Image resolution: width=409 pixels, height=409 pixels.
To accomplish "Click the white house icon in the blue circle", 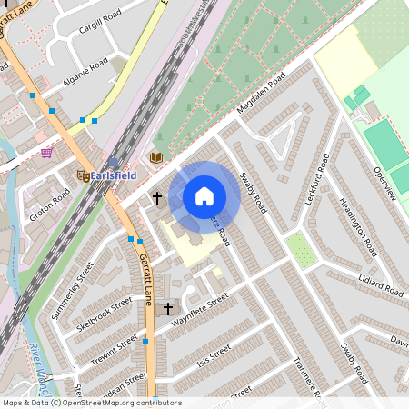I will (x=204, y=195).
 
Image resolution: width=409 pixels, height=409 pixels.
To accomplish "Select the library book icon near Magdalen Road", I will (x=156, y=157).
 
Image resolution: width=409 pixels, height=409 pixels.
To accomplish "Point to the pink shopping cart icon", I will (x=46, y=153).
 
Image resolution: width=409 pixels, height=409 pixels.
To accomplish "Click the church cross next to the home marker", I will (x=156, y=197).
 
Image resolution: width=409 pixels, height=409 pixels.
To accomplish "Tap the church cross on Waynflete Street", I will (x=167, y=309).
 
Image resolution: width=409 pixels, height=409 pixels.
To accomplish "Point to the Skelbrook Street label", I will (x=105, y=314).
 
